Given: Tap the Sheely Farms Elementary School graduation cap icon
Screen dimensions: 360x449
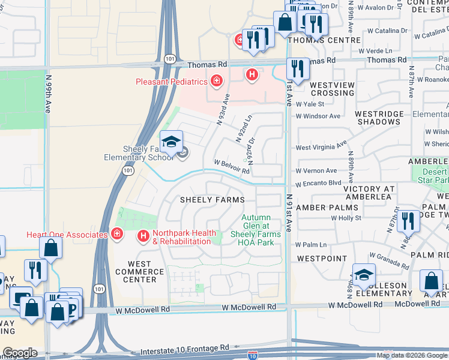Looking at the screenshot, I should [172, 142].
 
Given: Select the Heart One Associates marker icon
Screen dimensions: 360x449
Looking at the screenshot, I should [118, 234].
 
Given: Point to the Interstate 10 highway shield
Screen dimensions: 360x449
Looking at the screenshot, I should [253, 355].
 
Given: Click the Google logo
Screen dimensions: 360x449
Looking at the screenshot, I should [20, 353].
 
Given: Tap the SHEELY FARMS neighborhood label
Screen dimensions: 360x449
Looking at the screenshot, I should [213, 200].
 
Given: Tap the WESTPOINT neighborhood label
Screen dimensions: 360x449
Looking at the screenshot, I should [321, 259].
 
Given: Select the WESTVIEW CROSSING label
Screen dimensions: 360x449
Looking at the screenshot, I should [333, 89].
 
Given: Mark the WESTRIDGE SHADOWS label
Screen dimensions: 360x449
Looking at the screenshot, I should [378, 118].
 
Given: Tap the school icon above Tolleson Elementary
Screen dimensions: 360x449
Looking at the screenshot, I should [364, 275].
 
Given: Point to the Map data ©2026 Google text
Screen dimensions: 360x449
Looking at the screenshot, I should [411, 355].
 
